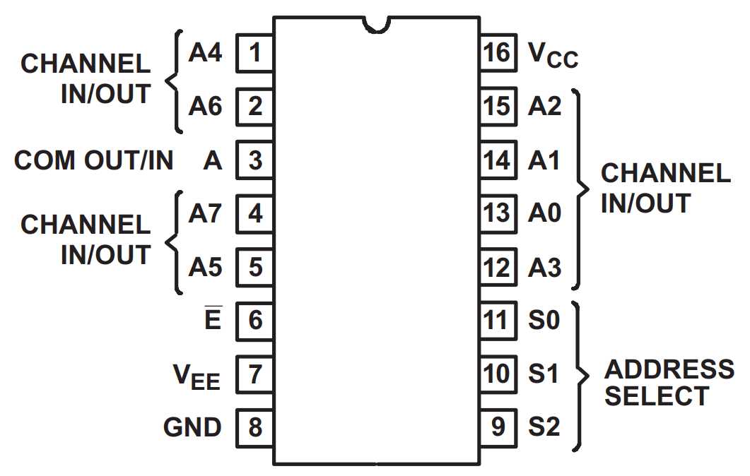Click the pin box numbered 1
click(x=254, y=53)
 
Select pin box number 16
click(x=497, y=53)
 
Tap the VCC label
click(x=553, y=54)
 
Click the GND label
click(x=192, y=427)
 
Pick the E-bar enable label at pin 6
click(x=213, y=320)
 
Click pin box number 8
click(x=254, y=427)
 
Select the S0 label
click(x=544, y=320)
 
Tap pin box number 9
click(x=497, y=427)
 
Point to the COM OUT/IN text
click(x=94, y=160)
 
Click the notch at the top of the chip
click(x=376, y=24)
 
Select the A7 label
click(x=205, y=213)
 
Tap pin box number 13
click(x=497, y=213)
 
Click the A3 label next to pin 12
click(x=544, y=268)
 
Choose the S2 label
click(x=544, y=427)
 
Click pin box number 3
click(x=254, y=160)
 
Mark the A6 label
click(x=205, y=107)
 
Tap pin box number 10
click(x=497, y=374)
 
